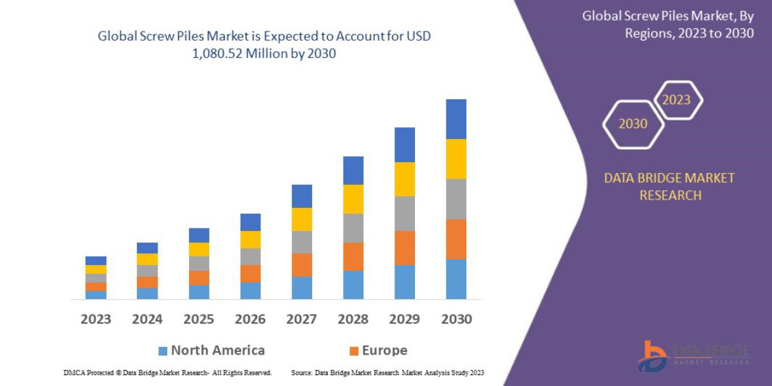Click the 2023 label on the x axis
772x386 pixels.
click(95, 319)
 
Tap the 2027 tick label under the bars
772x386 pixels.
click(301, 319)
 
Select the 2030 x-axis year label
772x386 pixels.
click(456, 319)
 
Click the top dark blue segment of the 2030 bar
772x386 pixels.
click(456, 119)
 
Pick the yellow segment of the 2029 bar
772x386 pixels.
click(405, 179)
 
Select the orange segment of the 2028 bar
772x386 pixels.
click(353, 256)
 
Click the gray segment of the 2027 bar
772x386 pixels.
click(302, 242)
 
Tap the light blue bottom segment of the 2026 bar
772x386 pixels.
click(250, 291)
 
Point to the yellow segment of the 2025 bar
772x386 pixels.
click(199, 250)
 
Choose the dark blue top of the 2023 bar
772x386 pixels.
click(96, 261)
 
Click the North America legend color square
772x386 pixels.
click(163, 351)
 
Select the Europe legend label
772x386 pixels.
click(384, 351)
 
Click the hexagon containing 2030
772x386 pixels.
click(632, 124)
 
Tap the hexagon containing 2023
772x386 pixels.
click(676, 100)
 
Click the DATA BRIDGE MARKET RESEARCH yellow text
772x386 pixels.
click(669, 187)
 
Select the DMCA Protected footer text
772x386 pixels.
click(167, 372)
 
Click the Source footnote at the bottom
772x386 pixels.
click(387, 372)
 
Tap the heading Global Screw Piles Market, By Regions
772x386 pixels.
click(668, 24)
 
